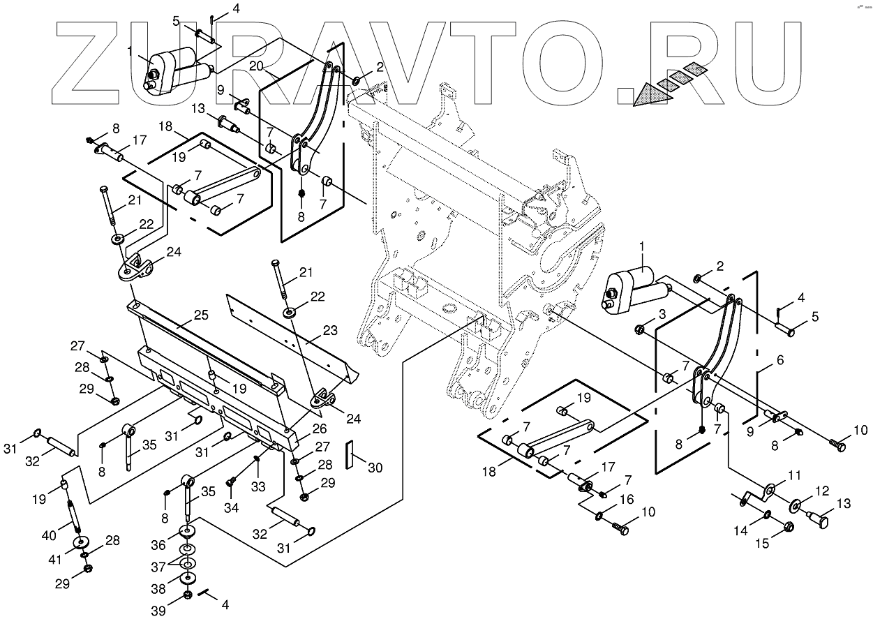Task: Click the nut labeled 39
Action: coord(188,595)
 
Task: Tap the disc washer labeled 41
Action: coord(82,543)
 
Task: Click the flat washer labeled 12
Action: coord(796,504)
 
